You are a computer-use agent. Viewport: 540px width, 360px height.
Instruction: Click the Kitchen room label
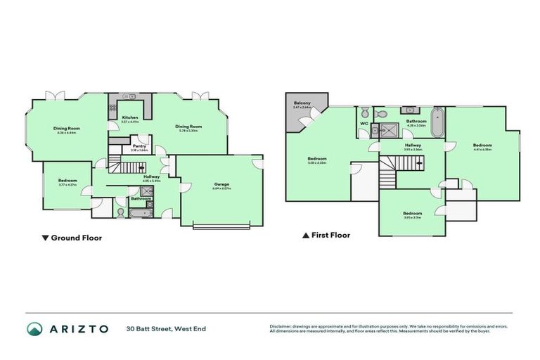[130, 118]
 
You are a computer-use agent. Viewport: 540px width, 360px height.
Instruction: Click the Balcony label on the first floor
[302, 104]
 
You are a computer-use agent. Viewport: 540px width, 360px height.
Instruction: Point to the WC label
[364, 124]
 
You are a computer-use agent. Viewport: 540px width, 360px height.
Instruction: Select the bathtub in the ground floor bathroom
[140, 212]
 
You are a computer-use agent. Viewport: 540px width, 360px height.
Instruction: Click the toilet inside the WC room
[364, 113]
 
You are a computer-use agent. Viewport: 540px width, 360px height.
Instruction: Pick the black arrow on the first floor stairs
[419, 162]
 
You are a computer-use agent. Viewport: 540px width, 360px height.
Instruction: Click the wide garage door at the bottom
[221, 226]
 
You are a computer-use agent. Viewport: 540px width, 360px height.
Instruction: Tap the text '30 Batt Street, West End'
[167, 328]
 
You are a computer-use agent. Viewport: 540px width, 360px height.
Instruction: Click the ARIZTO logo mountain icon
[34, 328]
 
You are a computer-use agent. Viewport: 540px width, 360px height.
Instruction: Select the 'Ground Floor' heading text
[76, 238]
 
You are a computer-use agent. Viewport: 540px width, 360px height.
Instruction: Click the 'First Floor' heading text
[330, 236]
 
